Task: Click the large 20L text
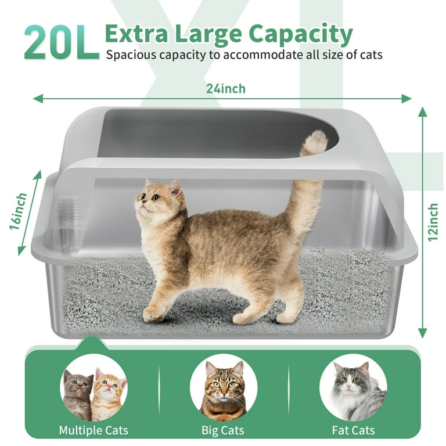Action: (x=62, y=42)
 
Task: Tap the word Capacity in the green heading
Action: (x=301, y=35)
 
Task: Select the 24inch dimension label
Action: (x=226, y=88)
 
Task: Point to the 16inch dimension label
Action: (x=18, y=211)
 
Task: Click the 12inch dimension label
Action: (x=433, y=222)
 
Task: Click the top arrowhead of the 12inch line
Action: (x=423, y=111)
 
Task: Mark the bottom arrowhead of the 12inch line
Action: (x=423, y=333)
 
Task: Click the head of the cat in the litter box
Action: (x=159, y=200)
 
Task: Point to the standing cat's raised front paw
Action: (x=153, y=314)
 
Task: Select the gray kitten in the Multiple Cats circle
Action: (x=77, y=395)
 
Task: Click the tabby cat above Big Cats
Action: (x=224, y=390)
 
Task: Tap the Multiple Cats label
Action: (x=93, y=430)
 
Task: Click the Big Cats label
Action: (x=223, y=430)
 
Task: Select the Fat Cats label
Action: (x=353, y=430)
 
